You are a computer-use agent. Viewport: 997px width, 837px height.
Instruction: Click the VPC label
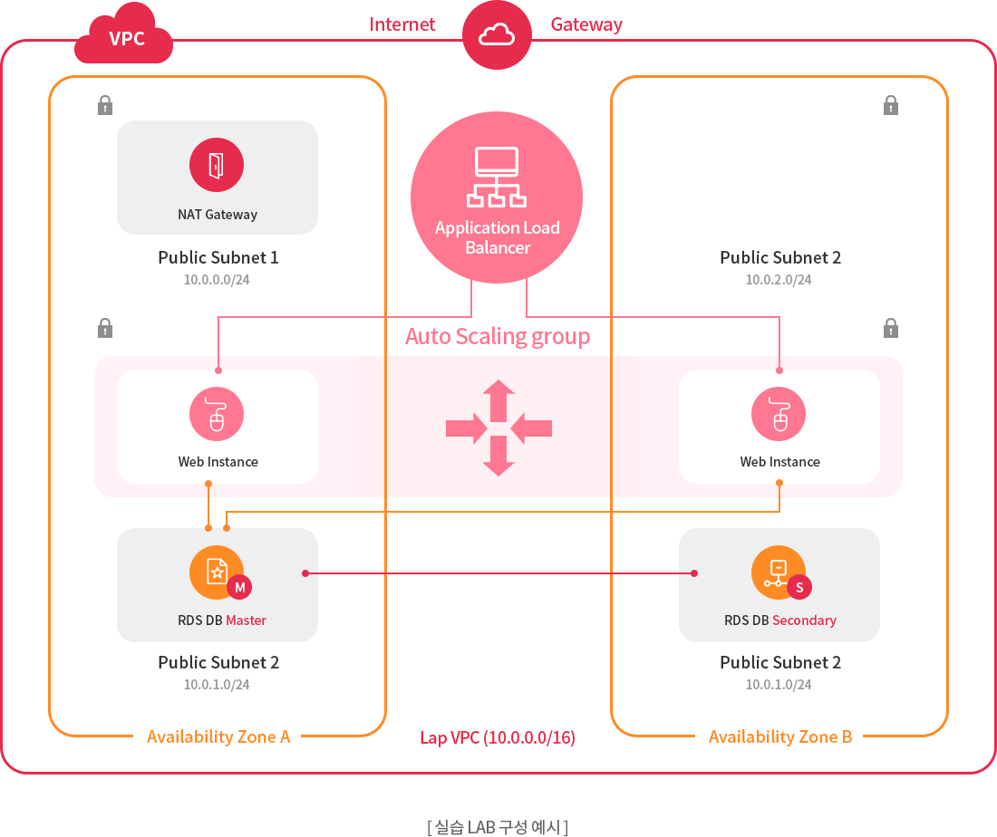(x=127, y=39)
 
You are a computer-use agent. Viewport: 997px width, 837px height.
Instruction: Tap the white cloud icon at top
(x=497, y=35)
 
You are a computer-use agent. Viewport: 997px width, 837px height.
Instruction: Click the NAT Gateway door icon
(x=217, y=165)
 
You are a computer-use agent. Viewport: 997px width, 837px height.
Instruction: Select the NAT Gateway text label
(x=218, y=215)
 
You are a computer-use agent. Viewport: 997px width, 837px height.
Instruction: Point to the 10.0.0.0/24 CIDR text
(x=217, y=280)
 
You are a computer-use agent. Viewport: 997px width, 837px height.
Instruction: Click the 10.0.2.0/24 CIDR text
(x=779, y=280)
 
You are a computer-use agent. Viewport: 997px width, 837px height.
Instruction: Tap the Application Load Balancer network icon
(x=497, y=177)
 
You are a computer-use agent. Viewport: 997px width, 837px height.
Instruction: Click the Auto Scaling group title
(x=498, y=337)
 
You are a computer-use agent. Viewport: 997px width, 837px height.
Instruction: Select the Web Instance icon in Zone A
(x=217, y=414)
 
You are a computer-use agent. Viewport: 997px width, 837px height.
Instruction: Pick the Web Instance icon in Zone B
(x=779, y=414)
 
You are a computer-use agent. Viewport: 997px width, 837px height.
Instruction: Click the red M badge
(x=240, y=588)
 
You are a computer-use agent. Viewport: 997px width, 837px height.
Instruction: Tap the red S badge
(x=799, y=588)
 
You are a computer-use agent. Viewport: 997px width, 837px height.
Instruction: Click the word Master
(x=246, y=621)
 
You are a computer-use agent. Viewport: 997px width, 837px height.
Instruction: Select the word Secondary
(x=804, y=621)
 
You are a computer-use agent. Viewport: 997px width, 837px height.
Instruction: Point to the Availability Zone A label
(x=218, y=736)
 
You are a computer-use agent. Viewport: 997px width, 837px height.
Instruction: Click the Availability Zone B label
(x=780, y=736)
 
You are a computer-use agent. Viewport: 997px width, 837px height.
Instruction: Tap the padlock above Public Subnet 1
(x=105, y=104)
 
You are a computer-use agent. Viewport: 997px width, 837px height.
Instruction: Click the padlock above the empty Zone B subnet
(x=891, y=104)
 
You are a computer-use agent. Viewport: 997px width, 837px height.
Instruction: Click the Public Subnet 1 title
(x=218, y=257)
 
